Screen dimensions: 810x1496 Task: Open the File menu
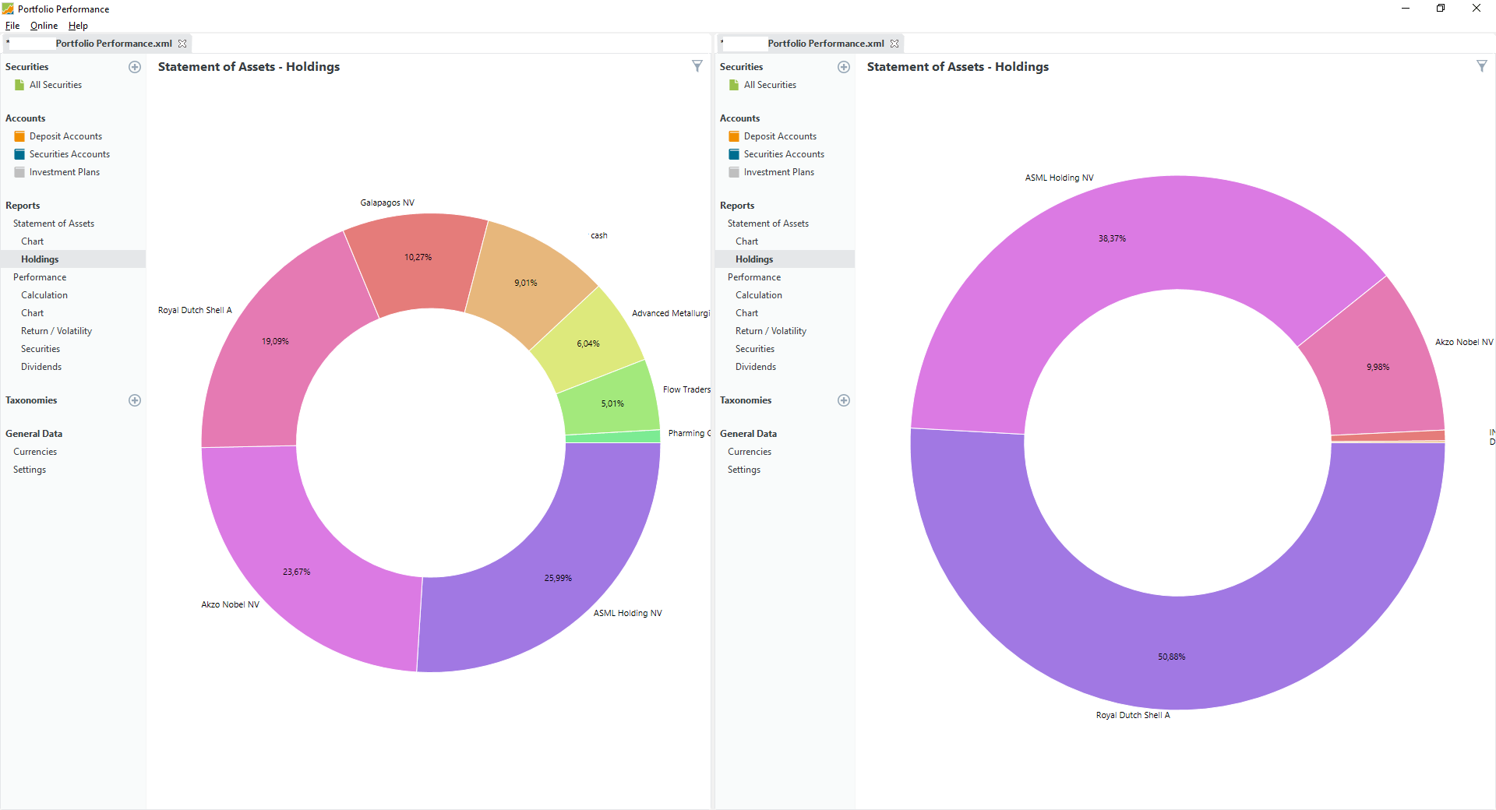tap(12, 26)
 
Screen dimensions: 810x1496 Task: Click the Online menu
tap(44, 26)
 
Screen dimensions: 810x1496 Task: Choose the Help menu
tap(78, 26)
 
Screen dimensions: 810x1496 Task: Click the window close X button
tap(1476, 9)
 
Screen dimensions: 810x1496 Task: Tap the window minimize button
tap(1405, 9)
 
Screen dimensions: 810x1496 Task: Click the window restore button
tap(1441, 9)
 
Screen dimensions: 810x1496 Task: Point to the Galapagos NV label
tap(387, 202)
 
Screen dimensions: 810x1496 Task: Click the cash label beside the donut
tap(598, 235)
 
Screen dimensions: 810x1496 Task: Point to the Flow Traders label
tap(686, 389)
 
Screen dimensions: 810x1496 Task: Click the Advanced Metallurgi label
tap(670, 313)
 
